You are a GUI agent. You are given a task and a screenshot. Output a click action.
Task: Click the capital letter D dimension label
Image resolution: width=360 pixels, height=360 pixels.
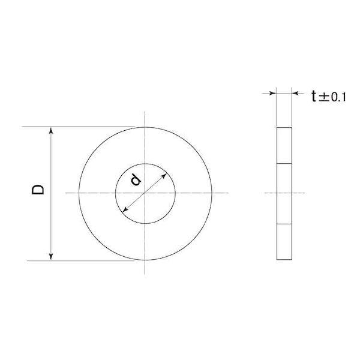(37, 191)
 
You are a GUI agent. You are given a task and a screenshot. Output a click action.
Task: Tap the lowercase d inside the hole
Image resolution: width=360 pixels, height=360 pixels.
(136, 179)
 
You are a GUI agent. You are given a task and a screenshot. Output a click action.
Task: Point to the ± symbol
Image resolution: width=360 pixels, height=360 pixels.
(325, 97)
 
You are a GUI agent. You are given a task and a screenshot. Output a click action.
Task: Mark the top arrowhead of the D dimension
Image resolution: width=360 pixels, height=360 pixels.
(52, 130)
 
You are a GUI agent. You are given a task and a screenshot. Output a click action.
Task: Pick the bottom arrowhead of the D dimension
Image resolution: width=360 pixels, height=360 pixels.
(52, 256)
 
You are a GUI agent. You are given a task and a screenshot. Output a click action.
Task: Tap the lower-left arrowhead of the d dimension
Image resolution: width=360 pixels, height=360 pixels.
(124, 210)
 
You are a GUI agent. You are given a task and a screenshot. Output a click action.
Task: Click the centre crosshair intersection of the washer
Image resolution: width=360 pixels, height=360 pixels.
(145, 193)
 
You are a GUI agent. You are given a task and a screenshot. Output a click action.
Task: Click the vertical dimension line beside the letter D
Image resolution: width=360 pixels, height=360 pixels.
(52, 222)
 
